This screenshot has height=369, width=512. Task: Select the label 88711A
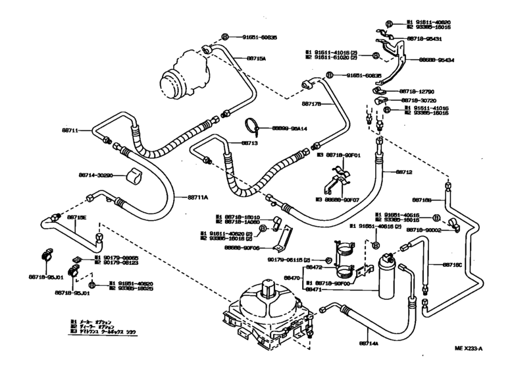click(x=197, y=197)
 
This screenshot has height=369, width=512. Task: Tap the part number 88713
click(x=249, y=142)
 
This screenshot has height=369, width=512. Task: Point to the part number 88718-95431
click(x=424, y=39)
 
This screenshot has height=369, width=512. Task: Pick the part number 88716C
click(x=452, y=265)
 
